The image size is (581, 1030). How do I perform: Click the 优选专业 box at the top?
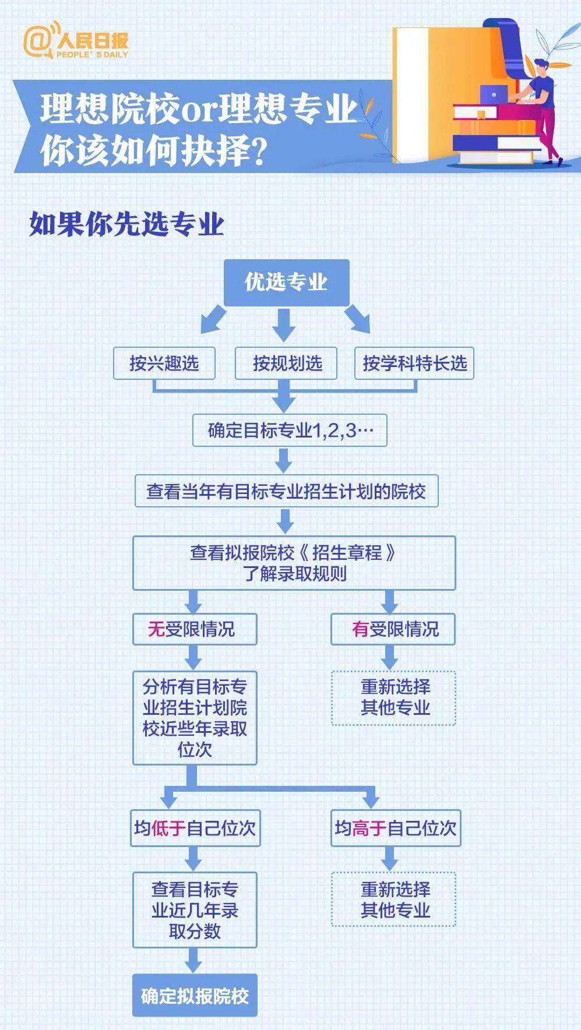(287, 283)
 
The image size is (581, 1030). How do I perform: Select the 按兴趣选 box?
(164, 364)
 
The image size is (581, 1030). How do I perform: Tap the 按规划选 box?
(287, 364)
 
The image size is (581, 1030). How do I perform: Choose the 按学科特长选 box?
(414, 364)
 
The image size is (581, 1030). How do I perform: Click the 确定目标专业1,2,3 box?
(290, 431)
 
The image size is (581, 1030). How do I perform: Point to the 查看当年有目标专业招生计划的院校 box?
(286, 491)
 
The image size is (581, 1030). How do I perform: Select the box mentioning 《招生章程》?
(294, 563)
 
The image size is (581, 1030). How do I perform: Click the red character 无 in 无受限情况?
(156, 629)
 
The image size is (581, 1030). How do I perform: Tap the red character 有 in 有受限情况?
(361, 629)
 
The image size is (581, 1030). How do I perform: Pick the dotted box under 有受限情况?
(393, 698)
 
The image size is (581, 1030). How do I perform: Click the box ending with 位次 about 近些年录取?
(195, 718)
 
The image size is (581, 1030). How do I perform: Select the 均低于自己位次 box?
(195, 828)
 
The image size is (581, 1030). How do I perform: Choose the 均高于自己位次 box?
(396, 828)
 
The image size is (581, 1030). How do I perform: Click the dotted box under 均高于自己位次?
(393, 899)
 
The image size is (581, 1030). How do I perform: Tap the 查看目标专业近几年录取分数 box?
(195, 910)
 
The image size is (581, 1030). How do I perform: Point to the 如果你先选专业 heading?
(126, 224)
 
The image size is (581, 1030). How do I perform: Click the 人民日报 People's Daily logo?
(76, 41)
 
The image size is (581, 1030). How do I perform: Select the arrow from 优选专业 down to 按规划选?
(284, 324)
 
